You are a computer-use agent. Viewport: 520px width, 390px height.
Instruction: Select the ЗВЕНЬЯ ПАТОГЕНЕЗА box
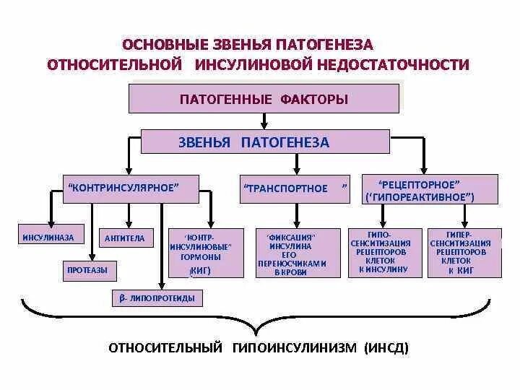(254, 142)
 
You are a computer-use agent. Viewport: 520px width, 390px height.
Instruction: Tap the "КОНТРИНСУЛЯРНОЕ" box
(123, 188)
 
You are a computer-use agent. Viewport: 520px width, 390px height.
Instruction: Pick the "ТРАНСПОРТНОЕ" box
(296, 188)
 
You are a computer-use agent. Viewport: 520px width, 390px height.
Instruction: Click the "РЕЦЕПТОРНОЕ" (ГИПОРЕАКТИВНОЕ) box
(428, 189)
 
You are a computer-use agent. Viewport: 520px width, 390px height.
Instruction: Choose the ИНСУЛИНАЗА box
(48, 238)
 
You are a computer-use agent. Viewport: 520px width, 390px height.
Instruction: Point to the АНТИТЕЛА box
(125, 238)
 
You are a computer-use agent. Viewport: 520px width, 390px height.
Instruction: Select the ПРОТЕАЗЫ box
(87, 270)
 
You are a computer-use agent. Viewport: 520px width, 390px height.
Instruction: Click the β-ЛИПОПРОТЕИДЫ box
(157, 298)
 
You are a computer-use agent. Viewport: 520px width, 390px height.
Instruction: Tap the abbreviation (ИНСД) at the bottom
(387, 347)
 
